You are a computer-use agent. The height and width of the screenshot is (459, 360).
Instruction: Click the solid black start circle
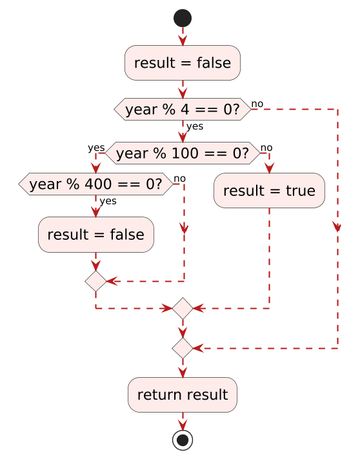pos(183,18)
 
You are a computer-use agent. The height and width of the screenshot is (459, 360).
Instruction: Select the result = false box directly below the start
pos(183,63)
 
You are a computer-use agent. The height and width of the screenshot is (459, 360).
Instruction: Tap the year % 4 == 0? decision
pos(183,109)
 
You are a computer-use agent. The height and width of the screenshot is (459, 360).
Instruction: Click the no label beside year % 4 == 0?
pos(257,104)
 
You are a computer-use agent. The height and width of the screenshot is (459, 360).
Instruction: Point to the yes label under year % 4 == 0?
pos(195,126)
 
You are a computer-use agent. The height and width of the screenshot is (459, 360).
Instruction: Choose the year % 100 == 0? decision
pos(183,153)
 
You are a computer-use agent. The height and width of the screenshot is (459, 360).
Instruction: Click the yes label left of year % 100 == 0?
pos(96,148)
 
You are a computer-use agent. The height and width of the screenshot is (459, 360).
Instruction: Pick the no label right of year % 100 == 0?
pos(266,148)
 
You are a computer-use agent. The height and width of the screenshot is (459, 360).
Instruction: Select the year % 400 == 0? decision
pos(95,184)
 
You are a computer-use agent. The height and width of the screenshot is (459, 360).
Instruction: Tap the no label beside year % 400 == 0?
pos(179,179)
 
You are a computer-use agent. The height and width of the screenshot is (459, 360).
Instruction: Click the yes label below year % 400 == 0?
pos(108,201)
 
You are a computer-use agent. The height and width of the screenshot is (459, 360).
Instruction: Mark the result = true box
pos(269,191)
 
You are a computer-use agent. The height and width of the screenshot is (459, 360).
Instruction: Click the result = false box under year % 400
pos(95,235)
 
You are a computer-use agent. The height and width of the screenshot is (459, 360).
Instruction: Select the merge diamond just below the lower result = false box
pos(95,281)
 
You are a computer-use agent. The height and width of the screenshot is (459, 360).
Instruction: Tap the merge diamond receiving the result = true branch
pos(183,308)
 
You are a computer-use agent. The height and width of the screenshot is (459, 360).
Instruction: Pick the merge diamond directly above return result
pos(183,348)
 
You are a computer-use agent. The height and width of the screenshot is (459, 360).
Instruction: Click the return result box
pos(183,395)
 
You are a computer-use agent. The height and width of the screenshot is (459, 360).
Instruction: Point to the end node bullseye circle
pos(183,440)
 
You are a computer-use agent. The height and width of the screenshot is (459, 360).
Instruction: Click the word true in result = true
pos(301,191)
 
